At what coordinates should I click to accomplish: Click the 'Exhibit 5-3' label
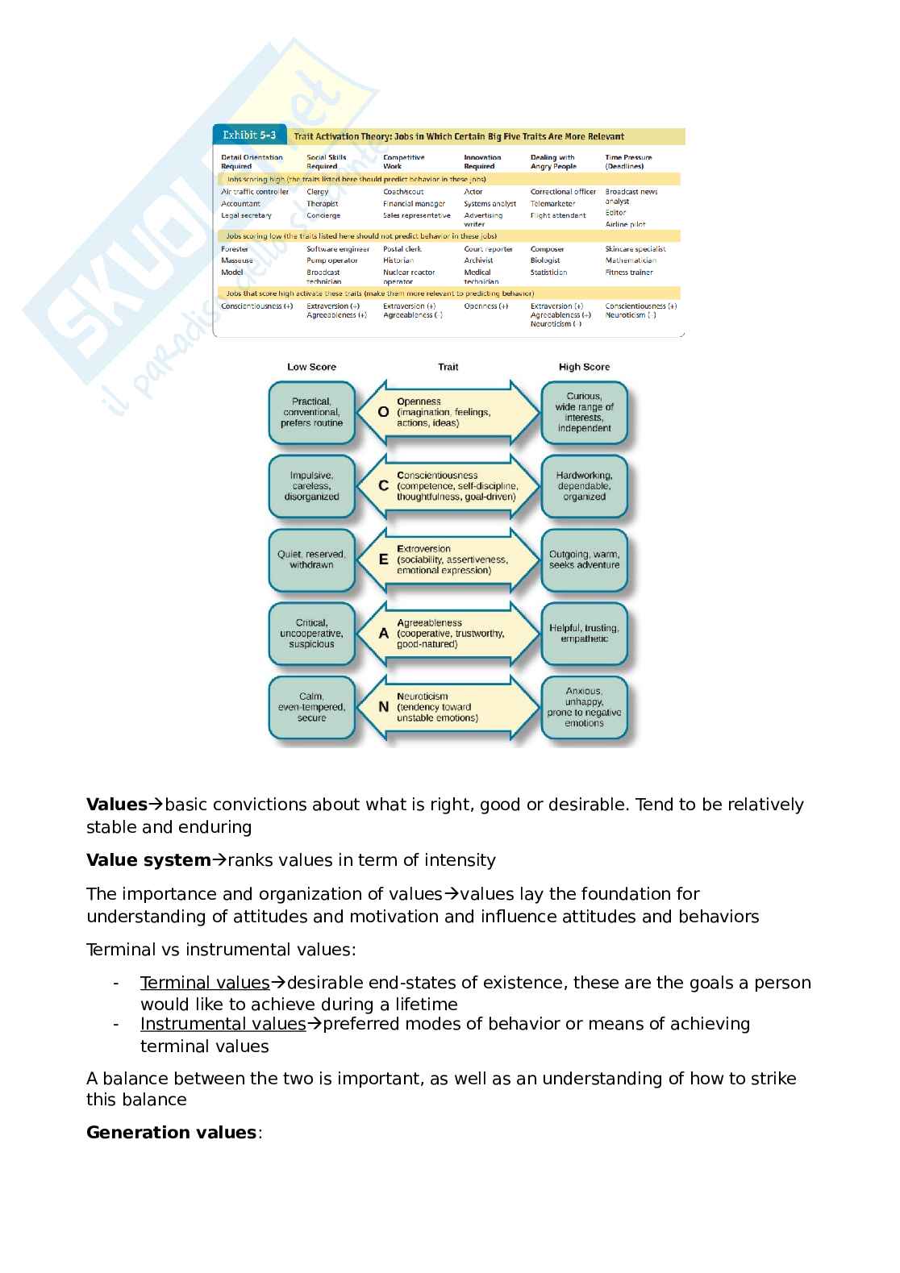point(249,135)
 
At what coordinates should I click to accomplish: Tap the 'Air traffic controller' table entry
point(255,192)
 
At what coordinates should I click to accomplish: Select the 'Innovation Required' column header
point(482,162)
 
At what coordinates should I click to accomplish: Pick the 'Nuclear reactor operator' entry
point(409,277)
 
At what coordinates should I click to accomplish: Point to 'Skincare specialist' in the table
point(635,249)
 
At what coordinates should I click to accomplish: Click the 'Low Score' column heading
point(311,367)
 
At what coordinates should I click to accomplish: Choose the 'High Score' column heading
point(584,367)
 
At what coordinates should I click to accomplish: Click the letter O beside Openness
point(383,412)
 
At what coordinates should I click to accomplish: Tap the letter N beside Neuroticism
point(383,707)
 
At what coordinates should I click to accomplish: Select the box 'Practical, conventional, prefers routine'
point(311,412)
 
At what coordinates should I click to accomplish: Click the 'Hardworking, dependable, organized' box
point(584,486)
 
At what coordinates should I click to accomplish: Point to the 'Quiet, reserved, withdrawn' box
point(311,560)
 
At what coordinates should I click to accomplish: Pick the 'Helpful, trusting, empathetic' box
point(584,633)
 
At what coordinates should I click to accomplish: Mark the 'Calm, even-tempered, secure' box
point(311,707)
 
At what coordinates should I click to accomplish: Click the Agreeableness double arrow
point(448,634)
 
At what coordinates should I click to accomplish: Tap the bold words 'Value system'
point(148,860)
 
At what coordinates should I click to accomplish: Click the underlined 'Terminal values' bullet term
point(205,983)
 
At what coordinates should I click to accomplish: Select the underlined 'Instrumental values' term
point(223,1024)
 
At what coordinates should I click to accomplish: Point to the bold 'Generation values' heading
point(171,1133)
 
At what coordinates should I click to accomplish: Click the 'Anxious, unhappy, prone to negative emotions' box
point(584,707)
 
